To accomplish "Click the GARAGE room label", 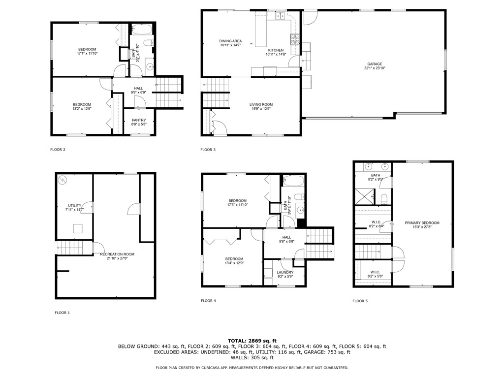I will tap(374, 64).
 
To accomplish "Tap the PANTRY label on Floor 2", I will tap(138, 120).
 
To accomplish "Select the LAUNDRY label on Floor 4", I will tap(285, 272).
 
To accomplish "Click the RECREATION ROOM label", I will tap(117, 254).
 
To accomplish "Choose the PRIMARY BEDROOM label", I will tap(422, 223).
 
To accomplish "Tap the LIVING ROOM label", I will tap(261, 104).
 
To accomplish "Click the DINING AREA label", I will tap(230, 41).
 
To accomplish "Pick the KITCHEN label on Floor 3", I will tap(276, 50).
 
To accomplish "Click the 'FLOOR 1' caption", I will tap(62, 313).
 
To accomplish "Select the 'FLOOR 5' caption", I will tap(360, 301).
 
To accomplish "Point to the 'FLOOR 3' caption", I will tap(208, 150).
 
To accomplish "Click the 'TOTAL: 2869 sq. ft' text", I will tap(252, 341).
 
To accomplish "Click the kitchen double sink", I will tap(281, 16).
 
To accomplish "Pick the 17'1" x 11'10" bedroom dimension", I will tap(87, 54).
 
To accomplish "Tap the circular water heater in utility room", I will tap(63, 181).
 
